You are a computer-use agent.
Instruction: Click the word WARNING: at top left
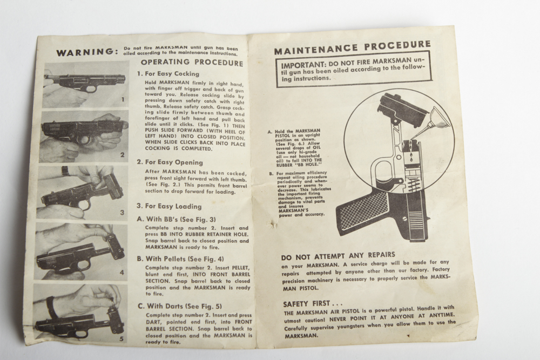tap(86, 52)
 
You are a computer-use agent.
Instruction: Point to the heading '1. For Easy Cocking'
tap(168, 74)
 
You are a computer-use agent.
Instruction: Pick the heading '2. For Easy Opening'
tap(170, 162)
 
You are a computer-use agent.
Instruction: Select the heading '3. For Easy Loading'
tap(168, 206)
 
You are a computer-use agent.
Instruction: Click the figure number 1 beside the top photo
tap(123, 99)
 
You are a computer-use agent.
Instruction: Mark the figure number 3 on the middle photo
tap(122, 212)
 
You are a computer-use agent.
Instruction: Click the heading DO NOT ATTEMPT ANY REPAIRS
tap(338, 254)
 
